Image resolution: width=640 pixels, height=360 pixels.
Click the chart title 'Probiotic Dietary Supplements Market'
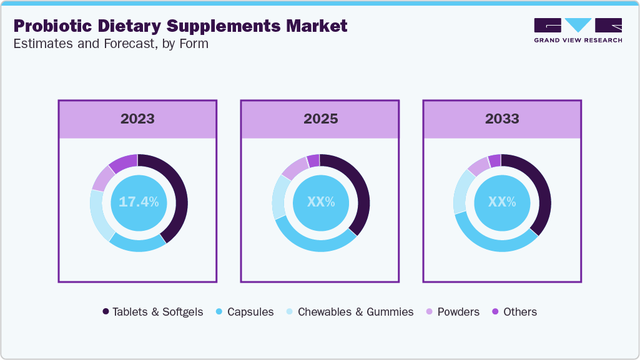[x=180, y=26]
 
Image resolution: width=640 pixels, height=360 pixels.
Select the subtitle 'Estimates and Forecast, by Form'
[x=111, y=44]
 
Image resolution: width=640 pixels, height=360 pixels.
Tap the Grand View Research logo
[x=578, y=30]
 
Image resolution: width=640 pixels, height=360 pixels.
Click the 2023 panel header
[x=137, y=119]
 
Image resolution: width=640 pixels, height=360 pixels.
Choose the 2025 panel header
[x=320, y=119]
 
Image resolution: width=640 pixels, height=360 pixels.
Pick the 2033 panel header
[x=502, y=119]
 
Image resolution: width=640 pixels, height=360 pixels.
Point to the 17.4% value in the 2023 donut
[x=139, y=202]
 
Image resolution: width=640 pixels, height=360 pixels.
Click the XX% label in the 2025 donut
[x=321, y=202]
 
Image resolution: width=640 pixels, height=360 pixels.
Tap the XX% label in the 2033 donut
[x=502, y=202]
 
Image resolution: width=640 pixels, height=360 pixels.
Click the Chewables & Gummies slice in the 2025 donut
[x=281, y=197]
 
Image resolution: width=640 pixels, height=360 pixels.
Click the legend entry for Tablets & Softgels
[x=153, y=311]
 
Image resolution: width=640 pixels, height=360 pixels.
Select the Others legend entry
[x=514, y=311]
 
